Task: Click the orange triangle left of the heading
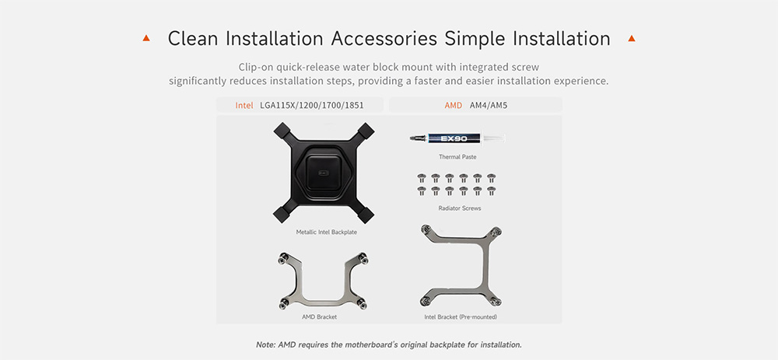click(x=146, y=37)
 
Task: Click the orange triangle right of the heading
click(x=631, y=37)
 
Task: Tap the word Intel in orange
click(x=244, y=105)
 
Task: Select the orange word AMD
click(x=454, y=105)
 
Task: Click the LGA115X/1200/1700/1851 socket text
click(x=312, y=106)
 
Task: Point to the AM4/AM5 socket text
click(x=489, y=106)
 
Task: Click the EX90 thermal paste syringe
click(x=457, y=138)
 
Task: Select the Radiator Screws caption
click(x=460, y=208)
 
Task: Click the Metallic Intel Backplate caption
click(x=327, y=232)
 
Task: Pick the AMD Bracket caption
click(x=319, y=316)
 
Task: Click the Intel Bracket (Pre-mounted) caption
click(x=461, y=316)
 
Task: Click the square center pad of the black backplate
click(x=324, y=173)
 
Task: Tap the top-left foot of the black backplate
click(x=282, y=131)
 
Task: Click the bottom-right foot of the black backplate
click(x=366, y=215)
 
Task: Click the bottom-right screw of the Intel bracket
click(x=495, y=300)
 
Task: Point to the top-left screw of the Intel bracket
click(x=426, y=229)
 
